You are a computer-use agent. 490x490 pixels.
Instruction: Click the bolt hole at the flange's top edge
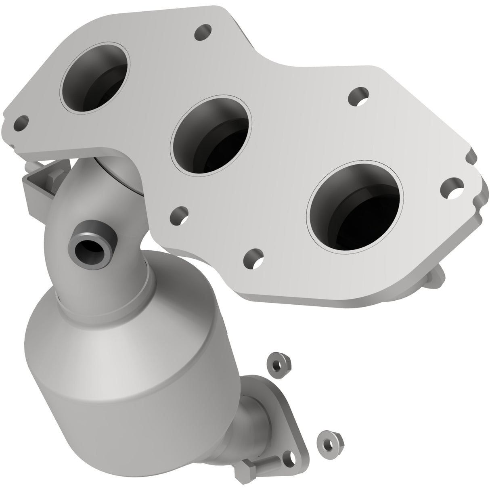click(203, 32)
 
